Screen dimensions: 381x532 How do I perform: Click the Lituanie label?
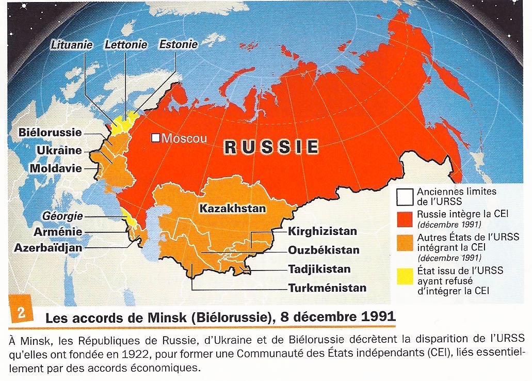pos(72,45)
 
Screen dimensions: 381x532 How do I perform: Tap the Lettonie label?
pos(125,45)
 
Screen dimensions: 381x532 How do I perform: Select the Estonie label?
pos(178,44)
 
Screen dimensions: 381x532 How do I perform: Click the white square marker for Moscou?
pos(154,138)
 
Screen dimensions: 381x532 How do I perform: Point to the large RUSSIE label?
pos(271,147)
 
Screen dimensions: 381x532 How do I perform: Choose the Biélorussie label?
pos(50,132)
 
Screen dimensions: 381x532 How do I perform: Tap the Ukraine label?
pos(59,150)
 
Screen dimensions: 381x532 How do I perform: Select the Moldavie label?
pos(56,168)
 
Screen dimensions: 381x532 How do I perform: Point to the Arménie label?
pos(58,232)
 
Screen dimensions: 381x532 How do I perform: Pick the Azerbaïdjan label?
pos(48,247)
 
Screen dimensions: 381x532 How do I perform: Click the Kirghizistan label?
pos(323,231)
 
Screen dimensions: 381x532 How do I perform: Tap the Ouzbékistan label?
pos(324,250)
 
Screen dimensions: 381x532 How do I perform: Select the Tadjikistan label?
pos(319,269)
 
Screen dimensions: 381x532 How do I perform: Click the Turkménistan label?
pos(328,288)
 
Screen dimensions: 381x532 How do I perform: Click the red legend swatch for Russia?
pos(405,217)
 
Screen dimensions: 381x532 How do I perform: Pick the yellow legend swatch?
pos(405,276)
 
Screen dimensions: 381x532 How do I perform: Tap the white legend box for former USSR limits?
pos(405,196)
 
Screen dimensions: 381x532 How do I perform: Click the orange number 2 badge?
pos(22,314)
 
